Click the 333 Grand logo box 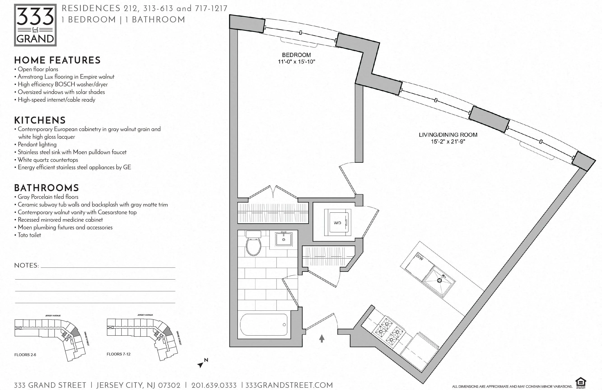(x=35, y=25)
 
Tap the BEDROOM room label (x=296, y=55)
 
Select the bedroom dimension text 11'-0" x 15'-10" (x=296, y=61)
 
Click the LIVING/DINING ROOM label (x=448, y=135)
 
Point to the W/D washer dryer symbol (x=337, y=223)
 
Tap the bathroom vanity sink (x=284, y=239)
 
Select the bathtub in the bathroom (x=264, y=325)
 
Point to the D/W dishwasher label (x=420, y=257)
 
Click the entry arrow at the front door (x=322, y=338)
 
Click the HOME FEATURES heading (x=57, y=60)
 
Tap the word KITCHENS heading (x=40, y=120)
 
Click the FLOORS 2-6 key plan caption (x=25, y=355)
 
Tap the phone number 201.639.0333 (x=214, y=385)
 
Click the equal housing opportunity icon (x=581, y=383)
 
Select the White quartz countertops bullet (x=48, y=160)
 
